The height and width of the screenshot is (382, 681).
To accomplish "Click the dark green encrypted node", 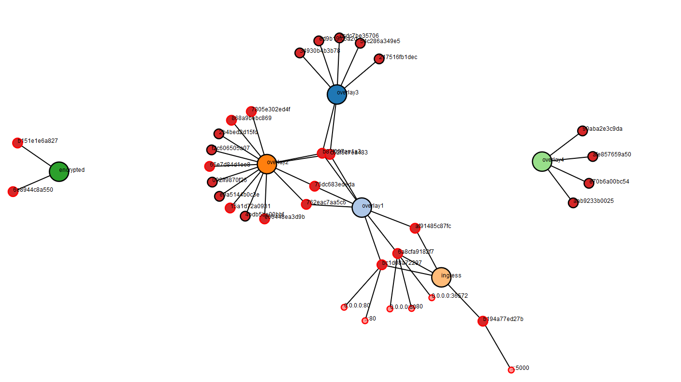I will click(x=59, y=171).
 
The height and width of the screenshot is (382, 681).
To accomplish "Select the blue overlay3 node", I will click(x=337, y=94).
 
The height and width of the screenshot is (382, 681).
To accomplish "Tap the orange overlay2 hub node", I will click(x=267, y=164).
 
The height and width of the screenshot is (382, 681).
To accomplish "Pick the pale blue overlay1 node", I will click(x=362, y=207).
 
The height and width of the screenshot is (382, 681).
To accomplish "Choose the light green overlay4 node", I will click(x=542, y=161).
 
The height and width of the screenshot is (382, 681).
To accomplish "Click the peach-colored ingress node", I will click(x=441, y=277).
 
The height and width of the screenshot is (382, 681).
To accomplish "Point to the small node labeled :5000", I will click(x=511, y=370).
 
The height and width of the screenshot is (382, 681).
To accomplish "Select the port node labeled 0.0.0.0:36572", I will click(x=432, y=298).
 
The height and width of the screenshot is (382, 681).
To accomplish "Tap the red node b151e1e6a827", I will click(x=17, y=143).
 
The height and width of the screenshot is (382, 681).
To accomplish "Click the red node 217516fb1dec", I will click(x=379, y=59).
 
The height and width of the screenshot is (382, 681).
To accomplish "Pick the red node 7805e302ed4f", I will click(x=251, y=111).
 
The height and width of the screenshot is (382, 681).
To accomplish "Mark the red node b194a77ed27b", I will click(x=482, y=321).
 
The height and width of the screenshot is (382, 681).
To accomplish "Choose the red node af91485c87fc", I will click(x=415, y=228).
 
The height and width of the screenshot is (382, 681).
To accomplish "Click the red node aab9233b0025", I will click(x=573, y=202).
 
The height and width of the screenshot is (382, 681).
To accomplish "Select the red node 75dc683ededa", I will click(x=314, y=186).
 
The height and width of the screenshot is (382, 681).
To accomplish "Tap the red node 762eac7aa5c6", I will click(x=306, y=204).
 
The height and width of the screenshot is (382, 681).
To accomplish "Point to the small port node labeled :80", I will click(x=365, y=321).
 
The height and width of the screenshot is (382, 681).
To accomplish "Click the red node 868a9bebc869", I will click(x=232, y=120).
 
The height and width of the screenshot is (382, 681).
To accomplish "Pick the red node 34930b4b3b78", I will click(x=300, y=53).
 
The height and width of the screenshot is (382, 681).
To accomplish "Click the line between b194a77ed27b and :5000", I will click(x=497, y=346).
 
